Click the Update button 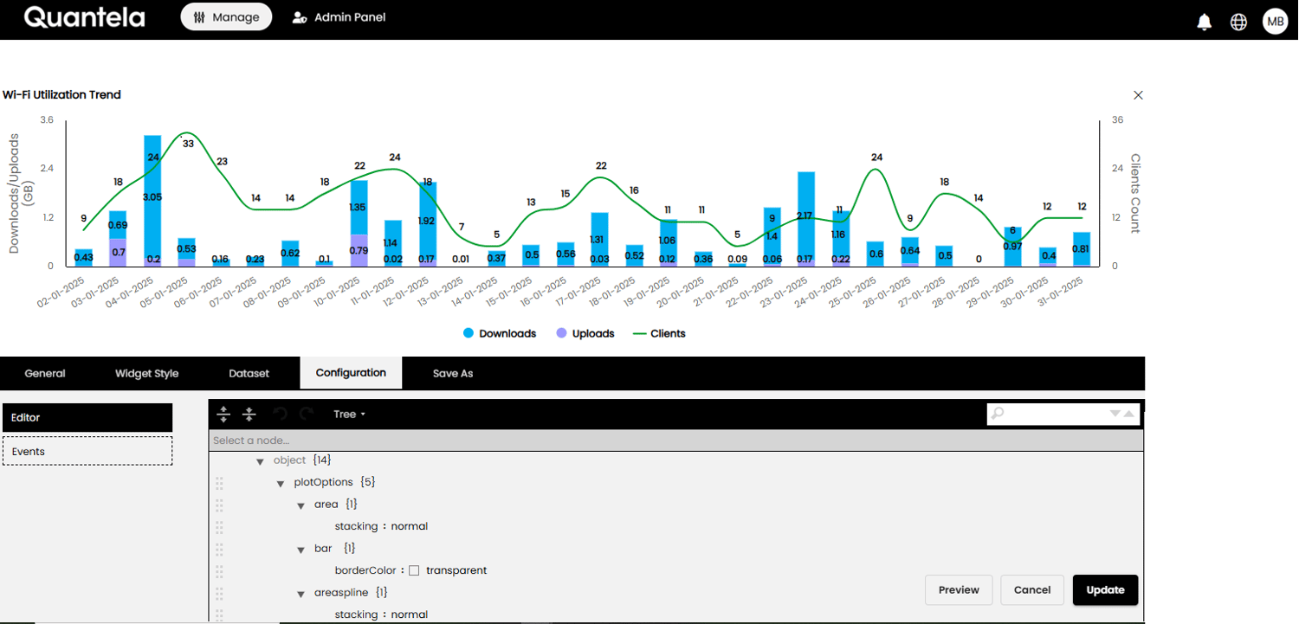1105,590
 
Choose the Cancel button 1032,590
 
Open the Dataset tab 249,373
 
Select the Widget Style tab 146,373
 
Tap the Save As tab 453,373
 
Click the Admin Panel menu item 339,17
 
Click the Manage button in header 226,17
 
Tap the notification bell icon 1204,22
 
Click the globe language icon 1239,22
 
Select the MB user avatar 1276,22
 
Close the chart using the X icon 1138,95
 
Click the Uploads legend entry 586,333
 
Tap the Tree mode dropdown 349,415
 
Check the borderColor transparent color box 414,570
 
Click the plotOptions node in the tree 323,482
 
